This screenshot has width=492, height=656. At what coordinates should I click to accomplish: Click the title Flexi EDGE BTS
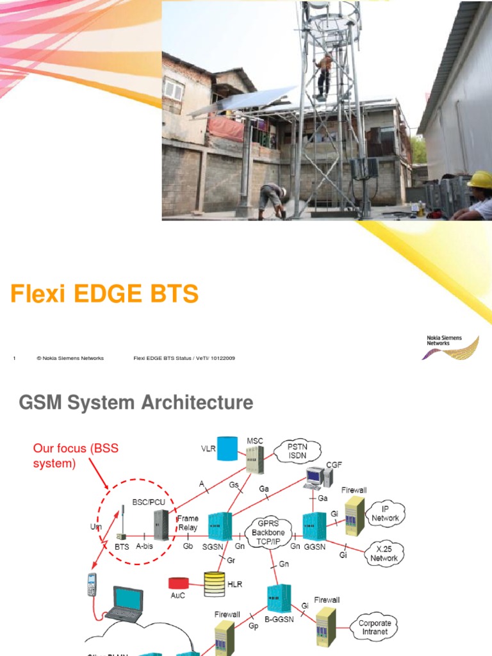[104, 294]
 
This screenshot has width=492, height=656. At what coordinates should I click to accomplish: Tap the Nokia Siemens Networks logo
[452, 347]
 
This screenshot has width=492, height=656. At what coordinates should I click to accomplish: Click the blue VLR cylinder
[226, 449]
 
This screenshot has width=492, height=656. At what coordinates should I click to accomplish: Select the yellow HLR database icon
[215, 583]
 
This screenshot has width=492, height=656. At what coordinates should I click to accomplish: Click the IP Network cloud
[385, 514]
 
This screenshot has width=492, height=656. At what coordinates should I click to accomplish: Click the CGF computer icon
[318, 477]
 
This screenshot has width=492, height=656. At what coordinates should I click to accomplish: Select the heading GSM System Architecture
[136, 403]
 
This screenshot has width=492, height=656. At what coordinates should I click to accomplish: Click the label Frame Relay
[188, 523]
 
